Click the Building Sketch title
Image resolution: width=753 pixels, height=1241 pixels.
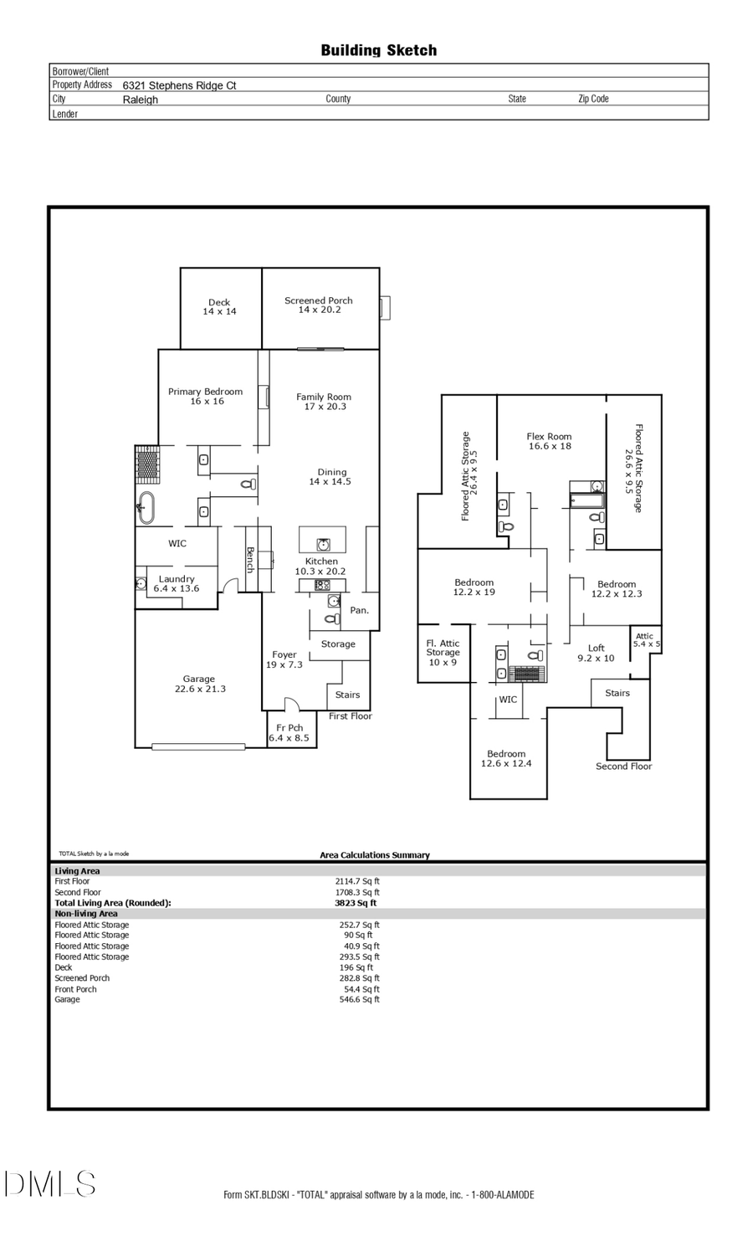click(x=378, y=50)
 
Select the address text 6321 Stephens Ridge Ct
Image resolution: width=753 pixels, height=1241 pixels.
click(x=179, y=85)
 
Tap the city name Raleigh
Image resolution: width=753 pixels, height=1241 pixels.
click(x=140, y=100)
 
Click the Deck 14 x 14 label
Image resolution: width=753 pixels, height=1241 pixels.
click(x=219, y=307)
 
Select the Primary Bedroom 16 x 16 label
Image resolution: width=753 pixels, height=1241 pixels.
click(x=205, y=397)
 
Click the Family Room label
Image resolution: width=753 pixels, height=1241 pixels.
click(x=324, y=402)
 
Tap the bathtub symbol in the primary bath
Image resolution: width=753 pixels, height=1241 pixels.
click(x=146, y=507)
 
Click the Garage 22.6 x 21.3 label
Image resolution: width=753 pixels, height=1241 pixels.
click(x=199, y=684)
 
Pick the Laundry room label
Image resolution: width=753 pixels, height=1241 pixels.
click(x=177, y=583)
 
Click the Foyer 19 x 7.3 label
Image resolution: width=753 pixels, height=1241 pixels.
click(x=284, y=659)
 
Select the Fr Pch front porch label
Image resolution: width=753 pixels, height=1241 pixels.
click(x=289, y=733)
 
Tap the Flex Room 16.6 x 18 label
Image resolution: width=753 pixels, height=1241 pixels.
click(x=549, y=441)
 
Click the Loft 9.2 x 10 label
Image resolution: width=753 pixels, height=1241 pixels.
click(x=596, y=653)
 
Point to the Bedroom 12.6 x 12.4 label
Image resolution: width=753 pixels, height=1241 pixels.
click(x=505, y=758)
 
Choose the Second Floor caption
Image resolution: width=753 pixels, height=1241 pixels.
click(x=623, y=767)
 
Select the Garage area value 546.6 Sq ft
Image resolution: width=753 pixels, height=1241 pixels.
click(x=359, y=999)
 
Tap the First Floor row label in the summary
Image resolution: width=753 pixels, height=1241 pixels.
click(x=72, y=881)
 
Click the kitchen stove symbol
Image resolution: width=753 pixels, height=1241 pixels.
click(x=322, y=585)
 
